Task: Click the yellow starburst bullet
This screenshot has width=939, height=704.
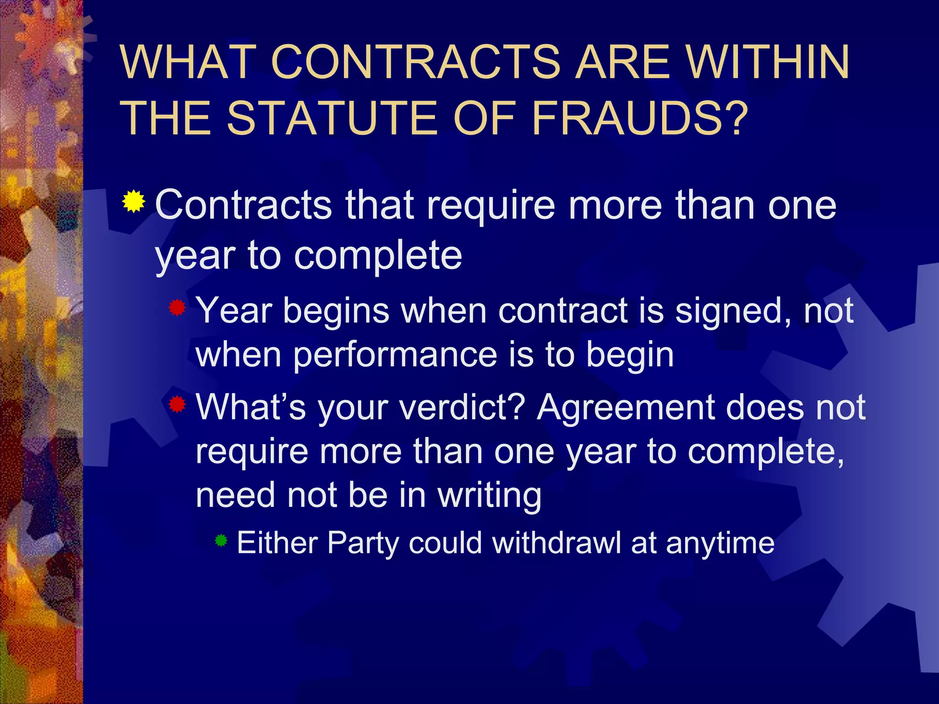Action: pos(133,202)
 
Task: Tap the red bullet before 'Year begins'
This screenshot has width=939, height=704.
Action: pos(177,308)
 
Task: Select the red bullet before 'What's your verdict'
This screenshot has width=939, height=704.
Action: pos(177,404)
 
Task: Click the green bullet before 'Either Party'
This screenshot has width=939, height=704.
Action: pos(221,541)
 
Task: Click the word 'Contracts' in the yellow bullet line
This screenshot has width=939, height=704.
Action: pos(243,205)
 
